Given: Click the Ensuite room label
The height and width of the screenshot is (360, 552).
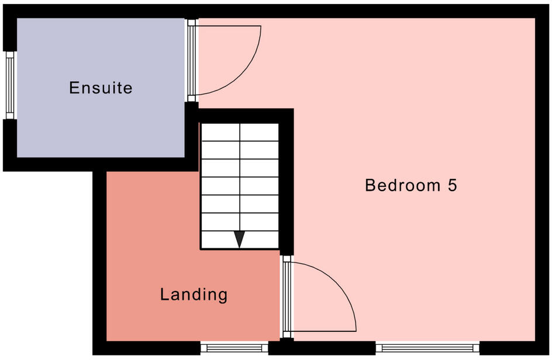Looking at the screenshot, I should tap(101, 88).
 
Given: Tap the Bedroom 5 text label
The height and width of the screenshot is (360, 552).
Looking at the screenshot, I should tap(410, 186).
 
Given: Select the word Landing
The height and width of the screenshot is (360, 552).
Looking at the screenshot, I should tap(194, 295).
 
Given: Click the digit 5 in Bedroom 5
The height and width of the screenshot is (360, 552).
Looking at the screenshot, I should tap(451, 186).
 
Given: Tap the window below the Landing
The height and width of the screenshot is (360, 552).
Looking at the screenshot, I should tap(234, 348).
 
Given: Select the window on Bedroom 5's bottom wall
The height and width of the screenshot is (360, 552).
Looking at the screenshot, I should tap(427, 348).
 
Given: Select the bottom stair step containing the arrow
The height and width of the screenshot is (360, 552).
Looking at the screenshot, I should tap(240, 240).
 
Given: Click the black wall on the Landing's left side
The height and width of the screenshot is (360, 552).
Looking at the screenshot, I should tap(99, 263).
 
